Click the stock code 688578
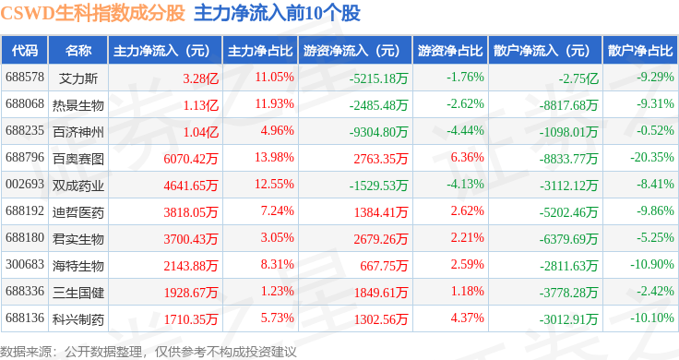(x=25, y=78)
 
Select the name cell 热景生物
(x=78, y=105)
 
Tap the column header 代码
(x=25, y=51)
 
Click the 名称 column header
(x=78, y=51)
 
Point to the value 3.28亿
(x=200, y=78)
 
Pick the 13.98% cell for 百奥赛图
(x=274, y=157)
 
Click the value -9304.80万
(x=378, y=132)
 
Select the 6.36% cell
(x=467, y=157)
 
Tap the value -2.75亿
(x=578, y=78)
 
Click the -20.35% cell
(x=652, y=157)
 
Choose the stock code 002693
(x=25, y=184)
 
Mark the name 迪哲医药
(x=78, y=211)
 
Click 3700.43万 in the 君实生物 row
(x=191, y=239)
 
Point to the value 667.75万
(x=384, y=266)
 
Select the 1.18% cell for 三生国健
(x=467, y=291)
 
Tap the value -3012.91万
(x=568, y=319)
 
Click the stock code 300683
(x=25, y=264)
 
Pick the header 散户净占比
(x=640, y=51)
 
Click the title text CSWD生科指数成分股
(x=92, y=13)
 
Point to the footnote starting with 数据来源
(x=149, y=352)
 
